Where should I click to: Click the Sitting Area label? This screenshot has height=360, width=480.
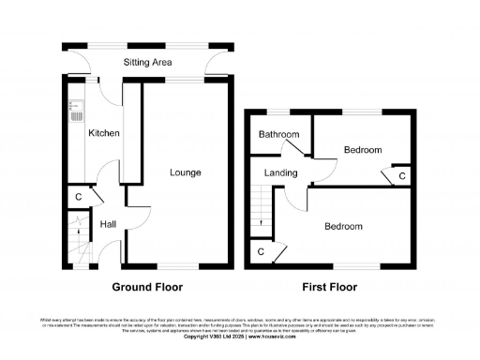point(149,63)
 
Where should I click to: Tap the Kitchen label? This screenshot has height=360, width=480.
point(104,134)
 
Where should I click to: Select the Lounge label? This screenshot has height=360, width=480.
point(185,172)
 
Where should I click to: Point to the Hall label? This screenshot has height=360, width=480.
point(108,224)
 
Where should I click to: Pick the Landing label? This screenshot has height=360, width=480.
point(280,173)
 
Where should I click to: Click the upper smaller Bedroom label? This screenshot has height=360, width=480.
point(362,150)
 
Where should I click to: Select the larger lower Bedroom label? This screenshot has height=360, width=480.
point(343,227)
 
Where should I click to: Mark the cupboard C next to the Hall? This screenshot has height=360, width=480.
point(78,197)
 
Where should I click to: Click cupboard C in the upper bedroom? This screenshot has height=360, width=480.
point(401,175)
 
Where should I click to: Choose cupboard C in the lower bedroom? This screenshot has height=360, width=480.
point(260,251)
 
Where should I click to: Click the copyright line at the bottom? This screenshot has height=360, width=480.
point(239,336)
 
